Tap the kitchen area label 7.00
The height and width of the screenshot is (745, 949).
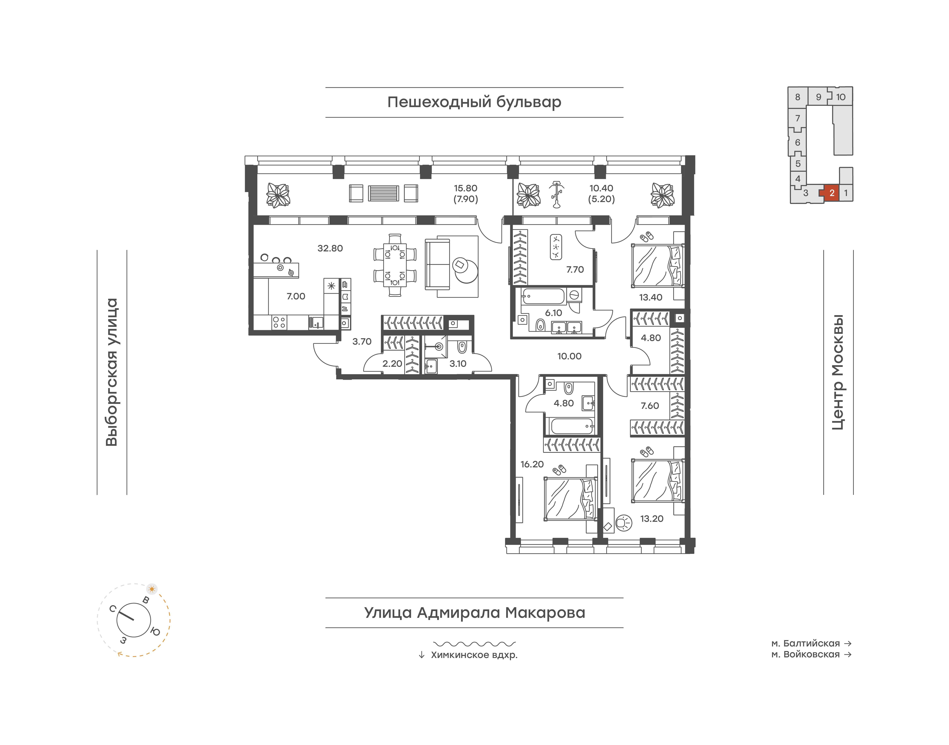(296, 296)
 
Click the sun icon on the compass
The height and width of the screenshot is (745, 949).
(152, 589)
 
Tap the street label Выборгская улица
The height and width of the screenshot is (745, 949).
(112, 372)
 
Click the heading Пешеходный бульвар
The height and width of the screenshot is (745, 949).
(474, 102)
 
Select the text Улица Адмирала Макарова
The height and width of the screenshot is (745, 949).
(475, 612)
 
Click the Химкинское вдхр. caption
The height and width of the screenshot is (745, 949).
(474, 655)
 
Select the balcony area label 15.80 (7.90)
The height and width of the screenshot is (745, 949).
(465, 194)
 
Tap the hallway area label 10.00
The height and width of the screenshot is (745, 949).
(569, 356)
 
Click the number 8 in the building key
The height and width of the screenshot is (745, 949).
(798, 97)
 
